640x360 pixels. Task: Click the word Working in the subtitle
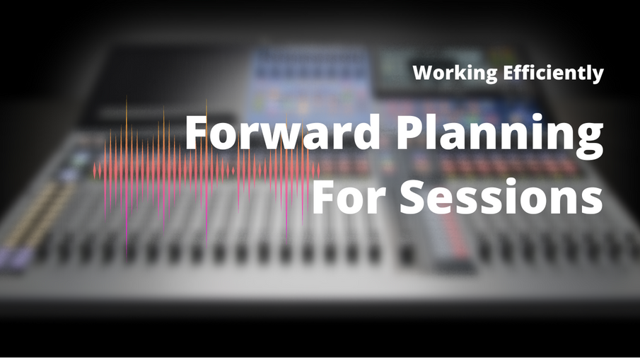(x=455, y=73)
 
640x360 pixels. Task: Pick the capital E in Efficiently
(x=509, y=73)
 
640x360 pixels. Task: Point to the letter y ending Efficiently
(x=597, y=76)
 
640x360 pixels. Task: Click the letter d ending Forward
(x=366, y=132)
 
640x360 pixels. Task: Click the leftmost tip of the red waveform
(x=93, y=171)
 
